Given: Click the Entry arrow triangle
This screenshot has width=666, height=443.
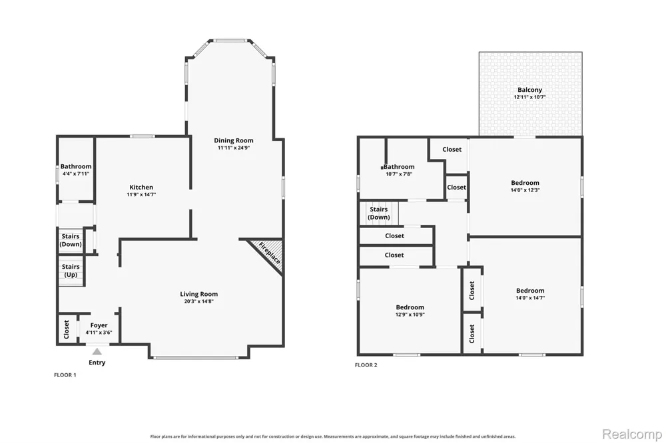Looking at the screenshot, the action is click(97, 351).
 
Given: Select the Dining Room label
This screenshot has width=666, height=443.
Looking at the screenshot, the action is click(234, 140).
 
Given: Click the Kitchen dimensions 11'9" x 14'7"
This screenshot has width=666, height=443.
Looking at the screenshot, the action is click(141, 195).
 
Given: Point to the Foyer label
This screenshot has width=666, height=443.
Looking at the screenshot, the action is click(99, 325).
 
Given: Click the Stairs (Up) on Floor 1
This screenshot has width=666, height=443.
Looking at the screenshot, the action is click(71, 271).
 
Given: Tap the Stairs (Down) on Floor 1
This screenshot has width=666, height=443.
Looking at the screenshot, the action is click(71, 240).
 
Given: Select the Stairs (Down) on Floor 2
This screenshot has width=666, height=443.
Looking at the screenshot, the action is click(379, 213).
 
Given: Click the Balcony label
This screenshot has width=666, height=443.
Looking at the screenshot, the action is click(529, 90).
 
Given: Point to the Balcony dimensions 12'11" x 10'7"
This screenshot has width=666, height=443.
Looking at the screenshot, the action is click(529, 97).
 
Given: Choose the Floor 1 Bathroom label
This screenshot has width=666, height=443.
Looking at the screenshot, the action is click(76, 166).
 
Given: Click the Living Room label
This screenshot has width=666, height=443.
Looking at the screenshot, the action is click(198, 294).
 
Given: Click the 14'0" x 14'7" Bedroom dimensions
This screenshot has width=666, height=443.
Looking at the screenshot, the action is click(530, 298).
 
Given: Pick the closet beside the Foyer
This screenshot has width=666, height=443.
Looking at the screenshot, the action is click(67, 329).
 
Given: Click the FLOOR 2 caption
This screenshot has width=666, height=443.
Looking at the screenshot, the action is click(366, 365).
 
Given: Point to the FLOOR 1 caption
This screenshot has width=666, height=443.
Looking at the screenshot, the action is click(65, 375).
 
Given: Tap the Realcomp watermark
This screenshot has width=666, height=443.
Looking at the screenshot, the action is click(632, 434).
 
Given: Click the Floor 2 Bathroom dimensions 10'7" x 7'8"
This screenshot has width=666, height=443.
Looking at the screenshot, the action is click(399, 174).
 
